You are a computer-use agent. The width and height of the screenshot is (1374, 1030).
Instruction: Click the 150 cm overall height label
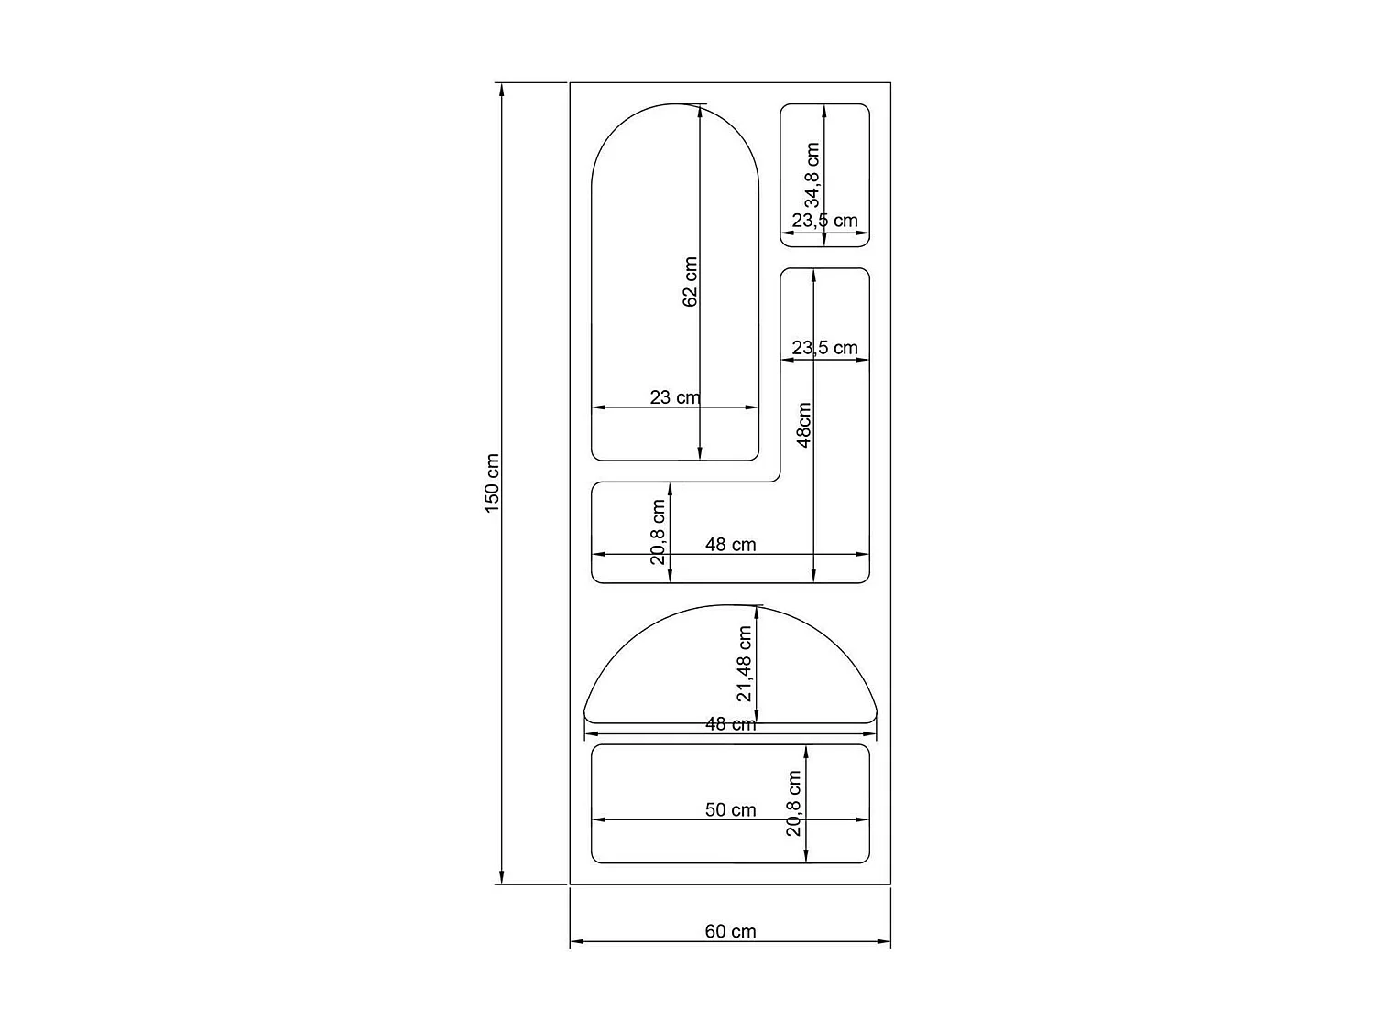pos(492,482)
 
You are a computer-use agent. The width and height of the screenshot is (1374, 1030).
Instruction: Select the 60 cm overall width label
pos(730,931)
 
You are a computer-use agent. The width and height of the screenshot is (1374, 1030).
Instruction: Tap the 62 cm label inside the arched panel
pos(691,281)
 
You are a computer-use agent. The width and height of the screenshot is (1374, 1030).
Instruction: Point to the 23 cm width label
pos(674,397)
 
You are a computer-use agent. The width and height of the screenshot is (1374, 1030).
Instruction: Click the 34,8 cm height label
pos(812,175)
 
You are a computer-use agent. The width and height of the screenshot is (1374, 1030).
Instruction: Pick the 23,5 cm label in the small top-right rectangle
pos(824,221)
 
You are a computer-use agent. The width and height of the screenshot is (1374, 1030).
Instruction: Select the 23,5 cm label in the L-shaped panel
pos(824,348)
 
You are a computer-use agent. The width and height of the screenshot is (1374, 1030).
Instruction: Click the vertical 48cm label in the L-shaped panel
pos(804,424)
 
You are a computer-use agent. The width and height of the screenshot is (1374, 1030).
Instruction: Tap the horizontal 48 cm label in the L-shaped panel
pos(730,544)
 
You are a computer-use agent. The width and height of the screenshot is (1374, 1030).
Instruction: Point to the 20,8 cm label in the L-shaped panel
pos(659,532)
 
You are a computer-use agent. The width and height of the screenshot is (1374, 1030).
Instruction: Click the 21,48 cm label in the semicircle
pos(745,664)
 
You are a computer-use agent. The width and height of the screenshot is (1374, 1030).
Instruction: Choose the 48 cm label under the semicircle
pos(730,724)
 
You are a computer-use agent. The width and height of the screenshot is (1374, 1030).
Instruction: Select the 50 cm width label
pos(730,809)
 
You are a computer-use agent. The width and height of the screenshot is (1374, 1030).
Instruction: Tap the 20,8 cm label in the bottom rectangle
pos(794,803)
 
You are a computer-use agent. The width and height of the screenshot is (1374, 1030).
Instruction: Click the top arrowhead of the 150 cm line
pos(501,88)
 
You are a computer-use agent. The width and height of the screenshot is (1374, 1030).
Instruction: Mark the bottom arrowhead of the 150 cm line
pos(501,879)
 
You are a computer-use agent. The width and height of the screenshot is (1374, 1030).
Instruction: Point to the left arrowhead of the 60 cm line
pos(576,941)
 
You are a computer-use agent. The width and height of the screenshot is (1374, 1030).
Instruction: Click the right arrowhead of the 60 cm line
pos(885,941)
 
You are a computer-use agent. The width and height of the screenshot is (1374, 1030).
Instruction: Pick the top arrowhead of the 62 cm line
pos(700,110)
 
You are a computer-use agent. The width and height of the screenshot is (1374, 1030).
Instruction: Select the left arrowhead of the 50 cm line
pos(598,820)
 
